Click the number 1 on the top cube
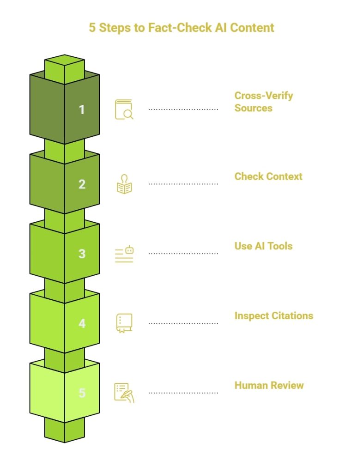click(x=82, y=109)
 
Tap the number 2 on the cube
click(x=82, y=184)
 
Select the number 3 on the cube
click(x=82, y=254)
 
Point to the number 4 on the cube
click(x=82, y=323)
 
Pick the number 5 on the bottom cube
click(x=82, y=393)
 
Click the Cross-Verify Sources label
click(x=263, y=102)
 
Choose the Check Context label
click(x=268, y=176)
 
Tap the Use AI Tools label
click(x=263, y=246)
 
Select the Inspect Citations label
click(x=273, y=315)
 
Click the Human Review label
click(x=269, y=385)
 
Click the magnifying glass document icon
click(x=124, y=109)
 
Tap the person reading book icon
click(x=124, y=184)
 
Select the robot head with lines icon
click(x=124, y=254)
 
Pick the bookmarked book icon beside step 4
click(x=124, y=323)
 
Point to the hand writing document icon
click(x=124, y=393)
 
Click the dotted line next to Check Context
click(x=183, y=184)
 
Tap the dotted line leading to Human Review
click(x=183, y=393)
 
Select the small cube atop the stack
click(x=65, y=65)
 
